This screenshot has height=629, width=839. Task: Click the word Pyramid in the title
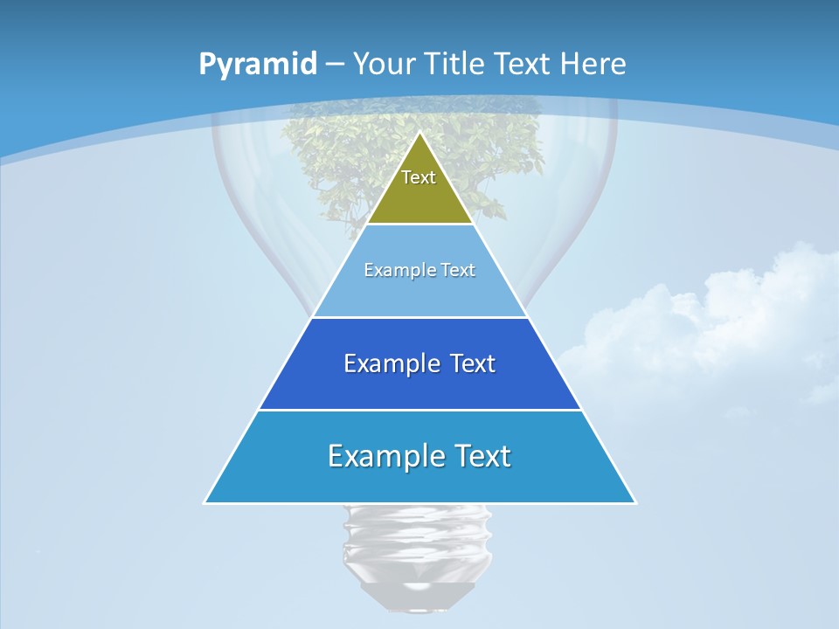(258, 64)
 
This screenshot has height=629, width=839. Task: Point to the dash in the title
(335, 65)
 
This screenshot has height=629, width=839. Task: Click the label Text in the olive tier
(419, 177)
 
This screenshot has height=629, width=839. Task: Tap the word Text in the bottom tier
(479, 456)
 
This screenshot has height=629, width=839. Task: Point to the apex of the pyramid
(420, 133)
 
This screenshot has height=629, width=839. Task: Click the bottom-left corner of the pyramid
(205, 502)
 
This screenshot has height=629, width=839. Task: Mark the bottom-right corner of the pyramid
(634, 502)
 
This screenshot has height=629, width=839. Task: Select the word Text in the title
(523, 64)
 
